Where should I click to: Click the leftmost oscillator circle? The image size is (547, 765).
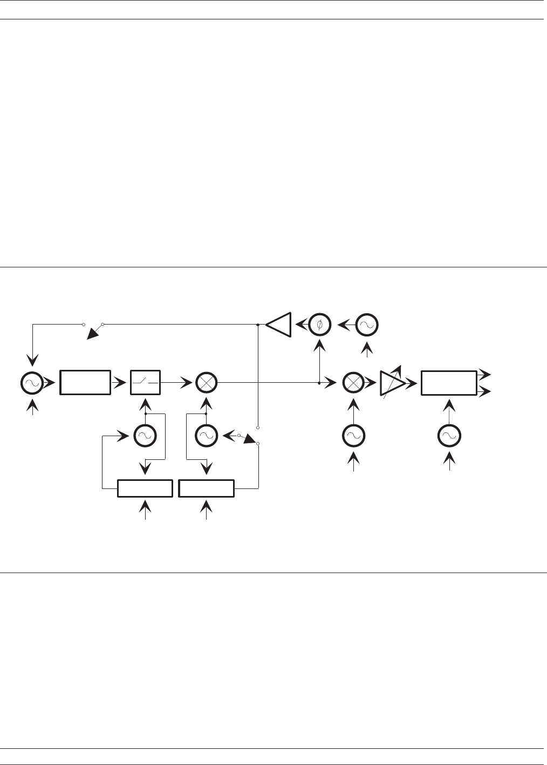tap(31, 383)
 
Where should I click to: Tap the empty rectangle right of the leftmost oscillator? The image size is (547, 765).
tap(85, 383)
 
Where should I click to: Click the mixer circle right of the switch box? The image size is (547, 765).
tap(206, 383)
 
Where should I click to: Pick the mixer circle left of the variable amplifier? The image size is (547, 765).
tap(354, 383)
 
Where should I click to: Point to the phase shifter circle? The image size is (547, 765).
tap(320, 324)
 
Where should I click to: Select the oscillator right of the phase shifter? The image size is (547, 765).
tap(367, 324)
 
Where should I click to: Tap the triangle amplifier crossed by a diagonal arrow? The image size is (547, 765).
tap(392, 383)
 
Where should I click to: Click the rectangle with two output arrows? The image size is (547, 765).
tap(448, 383)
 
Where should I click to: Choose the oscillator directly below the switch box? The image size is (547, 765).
tap(145, 436)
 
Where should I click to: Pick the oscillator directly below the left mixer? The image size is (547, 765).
tap(206, 436)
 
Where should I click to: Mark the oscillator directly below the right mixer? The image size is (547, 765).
tap(354, 436)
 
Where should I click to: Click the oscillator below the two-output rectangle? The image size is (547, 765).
tap(449, 436)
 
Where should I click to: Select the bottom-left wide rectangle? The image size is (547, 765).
tap(145, 488)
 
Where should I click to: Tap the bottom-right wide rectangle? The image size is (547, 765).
tap(207, 488)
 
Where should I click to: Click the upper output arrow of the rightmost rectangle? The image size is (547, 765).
tap(484, 373)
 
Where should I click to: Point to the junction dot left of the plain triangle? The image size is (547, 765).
tap(258, 325)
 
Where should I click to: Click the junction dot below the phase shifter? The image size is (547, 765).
tap(319, 383)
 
